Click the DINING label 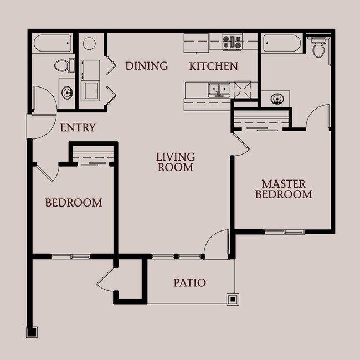click(x=146, y=66)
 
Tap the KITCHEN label click(x=214, y=66)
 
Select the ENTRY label click(x=78, y=127)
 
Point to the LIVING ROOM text click(x=176, y=162)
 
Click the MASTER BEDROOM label click(x=284, y=189)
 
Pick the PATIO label click(x=189, y=282)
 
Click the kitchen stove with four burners click(x=232, y=42)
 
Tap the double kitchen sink click(x=219, y=90)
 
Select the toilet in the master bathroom click(x=318, y=47)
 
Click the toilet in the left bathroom click(x=65, y=65)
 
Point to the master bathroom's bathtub click(x=282, y=43)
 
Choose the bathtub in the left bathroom click(x=53, y=43)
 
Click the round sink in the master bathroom click(x=277, y=99)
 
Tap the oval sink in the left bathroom click(x=67, y=92)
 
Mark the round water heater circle click(x=89, y=43)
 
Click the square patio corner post click(x=233, y=299)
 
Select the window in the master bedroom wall click(x=284, y=232)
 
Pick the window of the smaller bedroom click(x=71, y=256)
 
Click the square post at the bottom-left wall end click(x=32, y=332)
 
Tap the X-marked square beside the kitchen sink click(x=243, y=90)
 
